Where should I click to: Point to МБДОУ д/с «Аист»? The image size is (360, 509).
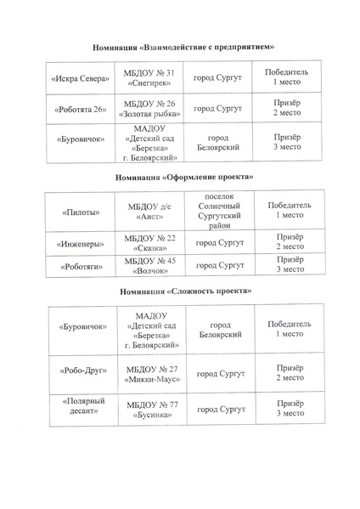point(149,211)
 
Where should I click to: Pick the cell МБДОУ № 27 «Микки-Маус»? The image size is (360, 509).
point(151,372)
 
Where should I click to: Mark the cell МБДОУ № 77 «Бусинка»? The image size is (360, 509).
point(151,409)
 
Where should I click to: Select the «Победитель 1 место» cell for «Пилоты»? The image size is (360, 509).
point(289,211)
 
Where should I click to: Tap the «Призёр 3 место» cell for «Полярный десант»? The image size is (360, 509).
point(290,409)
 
